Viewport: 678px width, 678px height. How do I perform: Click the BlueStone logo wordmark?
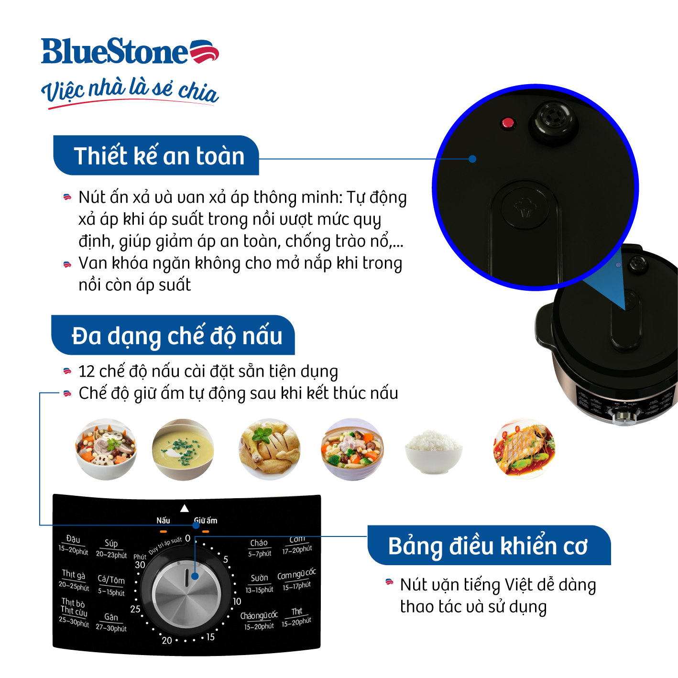[115, 52]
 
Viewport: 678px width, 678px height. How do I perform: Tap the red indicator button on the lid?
[507, 123]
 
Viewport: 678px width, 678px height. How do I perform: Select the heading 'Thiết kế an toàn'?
[159, 156]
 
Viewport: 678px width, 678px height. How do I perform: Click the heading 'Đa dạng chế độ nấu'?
[176, 336]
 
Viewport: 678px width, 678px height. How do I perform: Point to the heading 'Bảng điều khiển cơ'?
[488, 546]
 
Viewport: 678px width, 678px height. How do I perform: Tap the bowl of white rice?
[433, 449]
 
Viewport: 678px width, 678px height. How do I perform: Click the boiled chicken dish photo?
[270, 449]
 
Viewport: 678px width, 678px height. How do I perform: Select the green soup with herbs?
[183, 449]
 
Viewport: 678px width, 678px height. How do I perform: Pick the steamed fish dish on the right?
[524, 449]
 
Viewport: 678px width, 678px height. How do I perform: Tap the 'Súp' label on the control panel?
[111, 544]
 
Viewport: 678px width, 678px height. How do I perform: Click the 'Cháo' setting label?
[259, 543]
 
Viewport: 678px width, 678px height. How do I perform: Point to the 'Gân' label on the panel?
[111, 617]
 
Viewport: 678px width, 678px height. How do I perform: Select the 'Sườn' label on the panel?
[259, 578]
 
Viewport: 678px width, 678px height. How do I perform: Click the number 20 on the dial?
[167, 640]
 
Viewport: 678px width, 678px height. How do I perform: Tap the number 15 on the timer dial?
[210, 637]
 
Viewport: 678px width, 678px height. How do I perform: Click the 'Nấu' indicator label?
[163, 520]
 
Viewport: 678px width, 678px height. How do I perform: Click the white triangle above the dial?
[184, 508]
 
